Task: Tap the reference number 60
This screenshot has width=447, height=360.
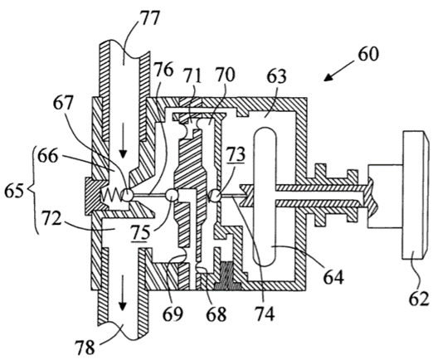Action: [368, 54]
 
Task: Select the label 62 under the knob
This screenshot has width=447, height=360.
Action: [419, 299]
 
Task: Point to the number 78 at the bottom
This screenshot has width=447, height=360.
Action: [85, 348]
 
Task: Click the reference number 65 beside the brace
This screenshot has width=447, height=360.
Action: [14, 191]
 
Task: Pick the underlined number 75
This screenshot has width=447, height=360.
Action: [140, 232]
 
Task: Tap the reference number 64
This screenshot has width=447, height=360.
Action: [333, 277]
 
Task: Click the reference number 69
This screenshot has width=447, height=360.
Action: [173, 314]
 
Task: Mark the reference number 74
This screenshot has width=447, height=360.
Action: [265, 314]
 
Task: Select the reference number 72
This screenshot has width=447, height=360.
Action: [51, 219]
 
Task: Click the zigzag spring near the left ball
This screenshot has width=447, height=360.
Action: [112, 196]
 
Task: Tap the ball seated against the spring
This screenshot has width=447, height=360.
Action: [127, 195]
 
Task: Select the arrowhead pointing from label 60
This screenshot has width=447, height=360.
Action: [328, 76]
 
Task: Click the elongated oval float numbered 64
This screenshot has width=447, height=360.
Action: [265, 197]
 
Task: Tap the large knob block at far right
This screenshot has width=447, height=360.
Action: [415, 195]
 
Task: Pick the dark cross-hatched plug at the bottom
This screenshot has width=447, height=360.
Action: [226, 275]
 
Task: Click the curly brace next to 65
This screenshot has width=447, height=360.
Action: [34, 190]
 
